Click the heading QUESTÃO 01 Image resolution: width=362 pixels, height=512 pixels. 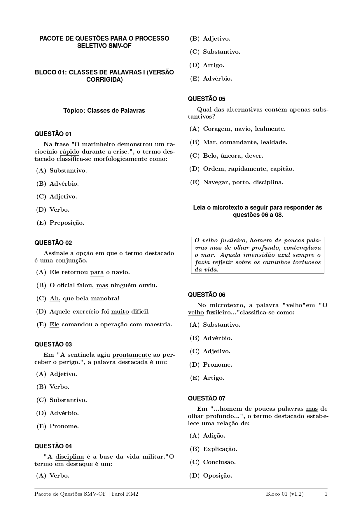point(53,134)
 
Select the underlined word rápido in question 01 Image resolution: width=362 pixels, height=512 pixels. point(69,152)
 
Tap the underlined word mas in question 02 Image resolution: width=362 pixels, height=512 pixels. point(102,285)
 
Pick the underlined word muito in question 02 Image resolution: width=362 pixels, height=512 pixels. point(120,311)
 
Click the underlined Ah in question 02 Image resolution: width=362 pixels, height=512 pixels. point(54,298)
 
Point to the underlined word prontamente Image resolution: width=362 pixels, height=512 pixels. point(132,355)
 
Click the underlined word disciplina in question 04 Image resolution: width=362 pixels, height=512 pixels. point(70,457)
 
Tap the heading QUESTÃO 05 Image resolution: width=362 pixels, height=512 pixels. point(207,99)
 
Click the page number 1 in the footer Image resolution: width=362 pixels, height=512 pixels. point(326,494)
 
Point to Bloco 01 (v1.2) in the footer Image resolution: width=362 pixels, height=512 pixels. point(284,494)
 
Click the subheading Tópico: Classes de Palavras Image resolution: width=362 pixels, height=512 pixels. point(104,111)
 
